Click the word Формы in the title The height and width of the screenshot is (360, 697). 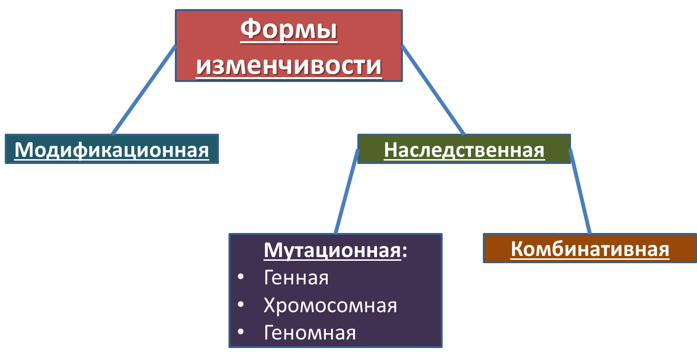(x=289, y=30)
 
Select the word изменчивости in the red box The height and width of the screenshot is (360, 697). (x=289, y=66)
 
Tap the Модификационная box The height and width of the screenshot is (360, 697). (x=112, y=149)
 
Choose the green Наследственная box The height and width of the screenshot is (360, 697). (x=464, y=149)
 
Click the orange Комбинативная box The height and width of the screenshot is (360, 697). (x=590, y=248)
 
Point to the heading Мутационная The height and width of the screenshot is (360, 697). (x=332, y=250)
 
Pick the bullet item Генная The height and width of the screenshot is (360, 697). (x=296, y=278)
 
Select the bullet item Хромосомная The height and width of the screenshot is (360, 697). (x=330, y=305)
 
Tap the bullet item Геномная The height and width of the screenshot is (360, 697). (x=309, y=333)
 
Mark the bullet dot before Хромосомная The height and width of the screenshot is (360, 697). (x=240, y=304)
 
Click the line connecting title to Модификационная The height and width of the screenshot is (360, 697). (x=144, y=90)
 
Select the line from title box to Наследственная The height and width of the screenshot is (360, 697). (x=433, y=90)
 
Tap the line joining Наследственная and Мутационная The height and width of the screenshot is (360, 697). (x=347, y=192)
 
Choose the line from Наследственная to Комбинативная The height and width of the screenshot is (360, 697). (x=580, y=192)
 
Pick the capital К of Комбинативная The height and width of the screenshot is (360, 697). (x=517, y=249)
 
